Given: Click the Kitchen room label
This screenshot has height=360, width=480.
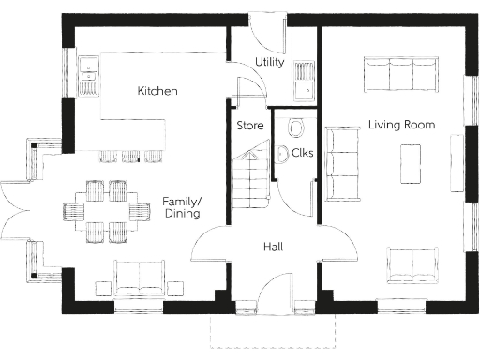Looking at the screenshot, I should click(x=157, y=91).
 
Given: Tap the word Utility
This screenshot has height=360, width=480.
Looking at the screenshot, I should click(x=270, y=62).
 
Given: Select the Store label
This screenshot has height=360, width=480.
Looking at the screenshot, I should click(x=248, y=124).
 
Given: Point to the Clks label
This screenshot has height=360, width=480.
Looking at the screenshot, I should click(x=302, y=153).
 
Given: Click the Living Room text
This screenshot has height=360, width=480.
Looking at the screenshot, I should click(x=400, y=125).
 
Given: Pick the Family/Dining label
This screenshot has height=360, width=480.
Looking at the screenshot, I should click(x=183, y=207).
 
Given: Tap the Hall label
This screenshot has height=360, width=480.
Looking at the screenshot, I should click(x=273, y=247).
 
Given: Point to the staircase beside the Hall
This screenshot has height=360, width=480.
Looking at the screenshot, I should click(x=250, y=184).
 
